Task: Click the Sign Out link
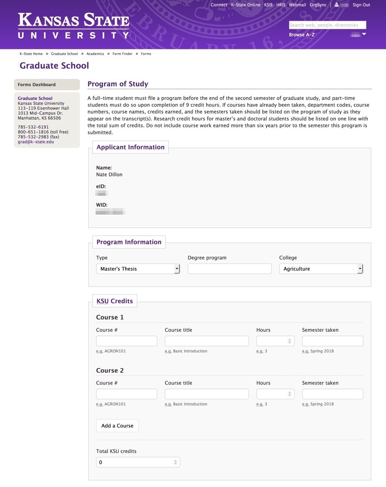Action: pos(361,5)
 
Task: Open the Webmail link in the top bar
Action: pos(297,5)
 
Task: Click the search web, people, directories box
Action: pos(327,25)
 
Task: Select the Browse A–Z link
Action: pos(302,35)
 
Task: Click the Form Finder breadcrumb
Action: pos(123,54)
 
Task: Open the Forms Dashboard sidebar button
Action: pos(47,84)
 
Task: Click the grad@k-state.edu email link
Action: pos(36,142)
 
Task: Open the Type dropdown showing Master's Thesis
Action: pos(138,269)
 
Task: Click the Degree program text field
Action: pos(230,269)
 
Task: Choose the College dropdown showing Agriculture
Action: pos(321,269)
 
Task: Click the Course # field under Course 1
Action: pos(127,341)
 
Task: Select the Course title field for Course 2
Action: pos(207,394)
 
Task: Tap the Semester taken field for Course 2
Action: pos(332,394)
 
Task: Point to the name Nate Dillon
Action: pos(109,175)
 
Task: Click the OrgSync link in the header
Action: pos(318,5)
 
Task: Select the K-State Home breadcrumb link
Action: pos(31,54)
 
